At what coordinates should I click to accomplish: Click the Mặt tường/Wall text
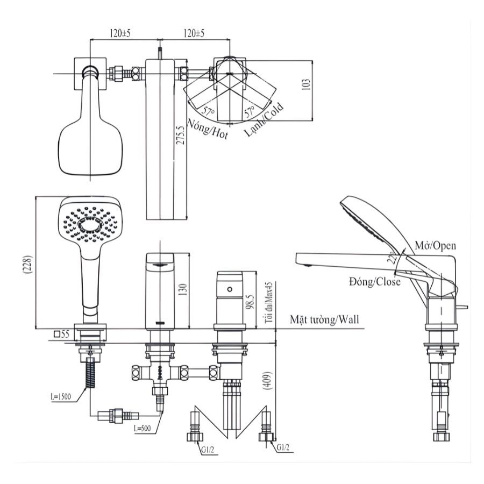coord(324,319)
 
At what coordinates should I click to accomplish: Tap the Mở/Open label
coord(435,246)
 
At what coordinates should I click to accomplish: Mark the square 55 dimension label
coord(62,334)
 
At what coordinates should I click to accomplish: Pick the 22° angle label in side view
coord(396,261)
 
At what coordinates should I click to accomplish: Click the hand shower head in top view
coord(90,145)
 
